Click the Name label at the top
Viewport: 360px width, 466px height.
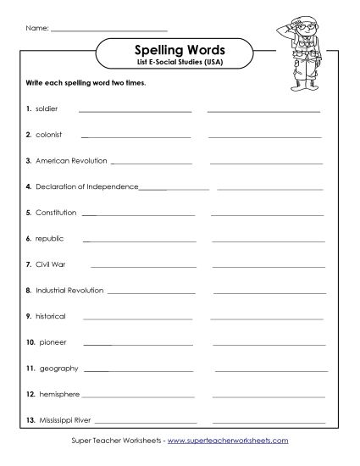[x=36, y=27]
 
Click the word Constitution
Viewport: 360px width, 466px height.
[x=56, y=213]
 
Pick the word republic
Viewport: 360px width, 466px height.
[x=49, y=239]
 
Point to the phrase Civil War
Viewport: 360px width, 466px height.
[x=51, y=264]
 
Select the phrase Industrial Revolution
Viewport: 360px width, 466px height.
[x=69, y=291]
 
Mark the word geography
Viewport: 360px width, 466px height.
[x=58, y=369]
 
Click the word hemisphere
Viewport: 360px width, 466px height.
[x=59, y=394]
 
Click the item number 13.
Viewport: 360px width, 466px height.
[x=29, y=420]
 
